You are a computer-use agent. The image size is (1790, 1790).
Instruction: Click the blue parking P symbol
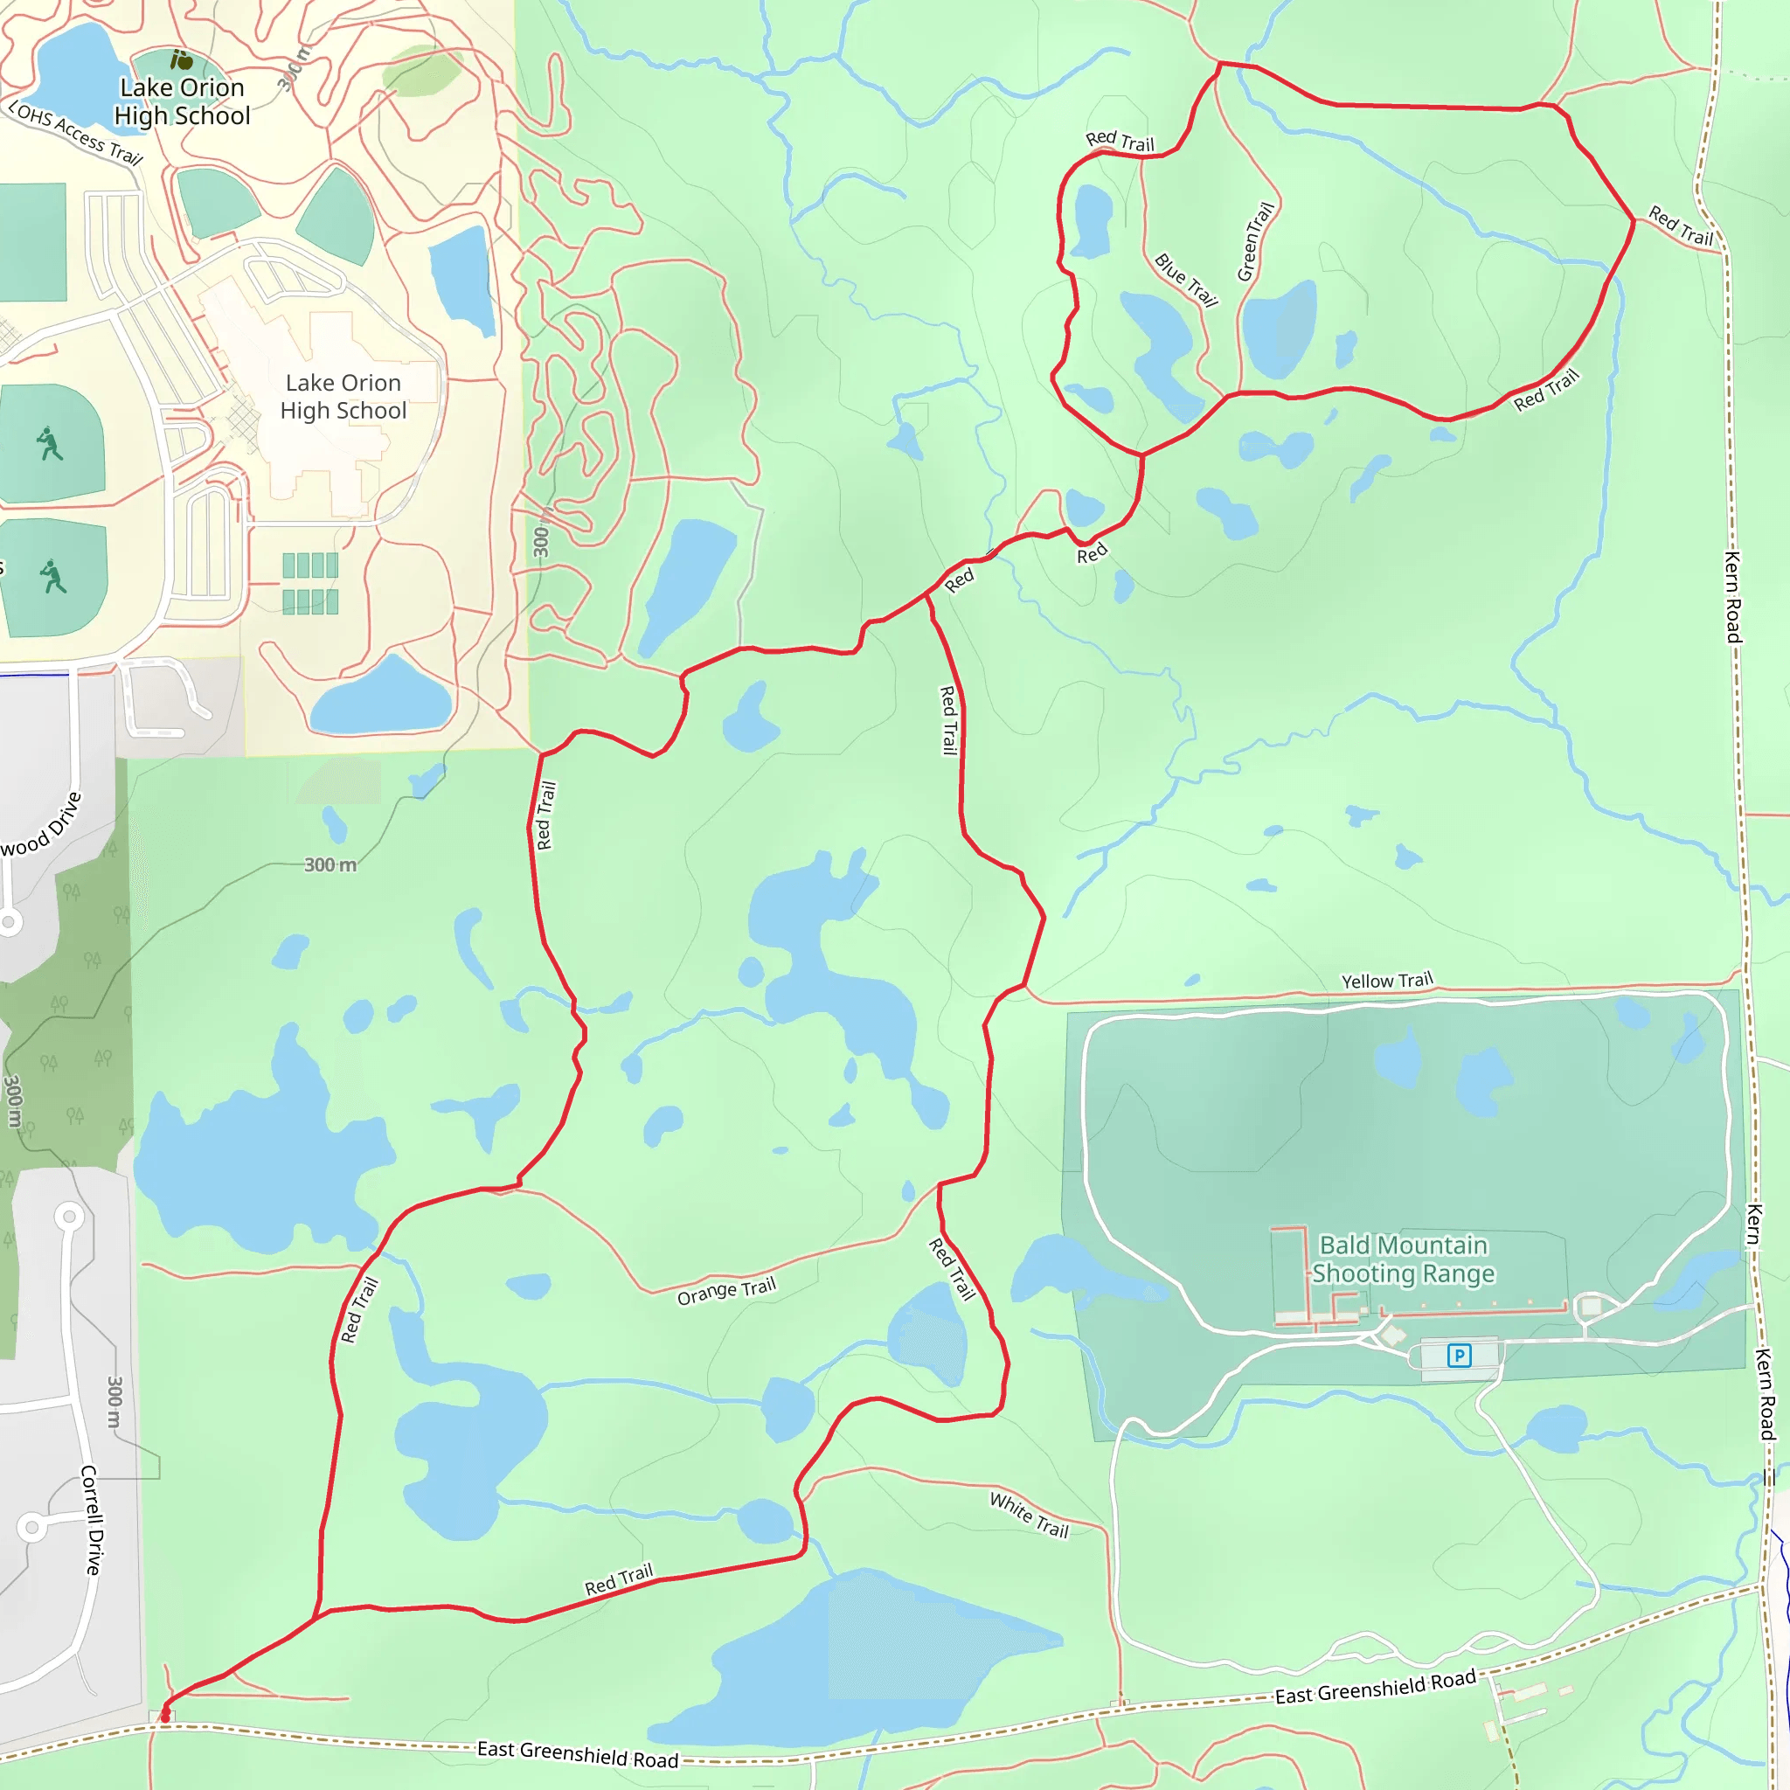click(x=1460, y=1356)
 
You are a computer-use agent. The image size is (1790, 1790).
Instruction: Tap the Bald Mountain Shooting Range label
click(x=1403, y=1259)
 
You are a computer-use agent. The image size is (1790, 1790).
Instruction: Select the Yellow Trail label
click(x=1387, y=981)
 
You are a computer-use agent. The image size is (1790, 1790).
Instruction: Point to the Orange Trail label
click(x=726, y=1291)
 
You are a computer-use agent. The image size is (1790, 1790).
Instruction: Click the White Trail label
click(x=1030, y=1515)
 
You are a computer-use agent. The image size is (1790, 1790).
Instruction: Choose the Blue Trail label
click(x=1186, y=279)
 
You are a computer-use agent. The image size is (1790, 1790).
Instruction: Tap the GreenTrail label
click(x=1255, y=242)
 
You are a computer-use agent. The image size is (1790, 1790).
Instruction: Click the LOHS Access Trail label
click(x=76, y=135)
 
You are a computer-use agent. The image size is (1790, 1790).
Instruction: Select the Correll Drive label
click(x=92, y=1519)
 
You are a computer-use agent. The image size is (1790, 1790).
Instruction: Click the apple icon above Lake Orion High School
click(x=183, y=61)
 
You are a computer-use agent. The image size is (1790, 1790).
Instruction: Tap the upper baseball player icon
click(x=49, y=444)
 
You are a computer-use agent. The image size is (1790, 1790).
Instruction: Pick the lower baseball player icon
click(x=52, y=576)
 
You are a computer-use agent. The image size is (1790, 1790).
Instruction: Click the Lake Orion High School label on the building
click(x=343, y=397)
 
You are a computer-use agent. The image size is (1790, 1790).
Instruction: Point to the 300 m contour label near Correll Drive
click(x=114, y=1402)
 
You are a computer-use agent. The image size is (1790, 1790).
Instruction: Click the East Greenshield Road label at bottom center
click(x=577, y=1753)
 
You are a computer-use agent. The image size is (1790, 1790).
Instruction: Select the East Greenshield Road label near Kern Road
click(x=1375, y=1687)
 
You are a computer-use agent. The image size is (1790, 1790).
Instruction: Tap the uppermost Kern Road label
click(x=1731, y=597)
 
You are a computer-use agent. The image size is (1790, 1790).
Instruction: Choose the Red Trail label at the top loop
click(x=1120, y=141)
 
